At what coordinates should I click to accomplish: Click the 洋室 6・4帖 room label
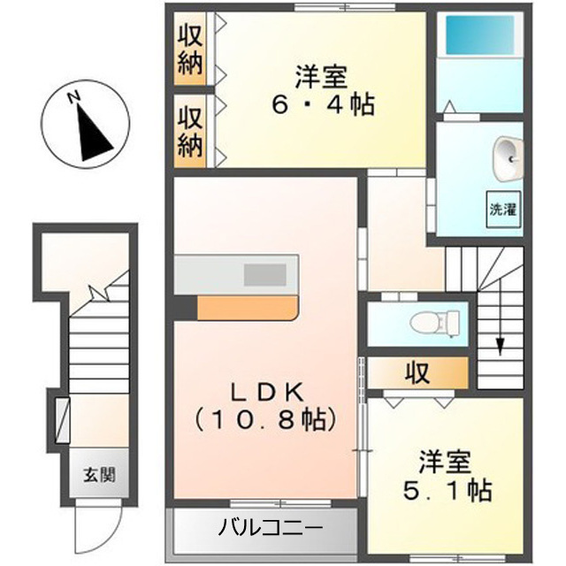(323, 90)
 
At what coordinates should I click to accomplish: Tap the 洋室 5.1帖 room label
(447, 476)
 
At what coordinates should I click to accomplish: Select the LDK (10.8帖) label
(266, 406)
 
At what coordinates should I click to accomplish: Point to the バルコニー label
(271, 529)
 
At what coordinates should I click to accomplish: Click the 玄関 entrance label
(99, 475)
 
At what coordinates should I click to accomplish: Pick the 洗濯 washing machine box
(503, 210)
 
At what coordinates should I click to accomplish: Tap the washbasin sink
(509, 159)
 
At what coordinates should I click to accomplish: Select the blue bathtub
(479, 35)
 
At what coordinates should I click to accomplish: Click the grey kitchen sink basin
(265, 275)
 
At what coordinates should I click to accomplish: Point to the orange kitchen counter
(248, 308)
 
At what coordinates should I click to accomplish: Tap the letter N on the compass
(73, 97)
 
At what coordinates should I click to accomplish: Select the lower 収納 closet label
(190, 132)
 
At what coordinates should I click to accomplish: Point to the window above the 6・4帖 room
(345, 7)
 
